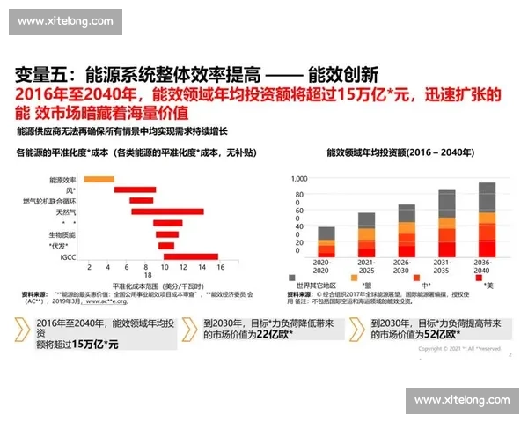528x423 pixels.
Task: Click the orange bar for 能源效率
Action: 99,180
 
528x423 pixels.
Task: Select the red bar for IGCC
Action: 190,256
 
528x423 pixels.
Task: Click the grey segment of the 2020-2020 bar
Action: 326,233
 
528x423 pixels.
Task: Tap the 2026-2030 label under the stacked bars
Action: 406,263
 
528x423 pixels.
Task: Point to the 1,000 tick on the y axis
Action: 299,179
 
